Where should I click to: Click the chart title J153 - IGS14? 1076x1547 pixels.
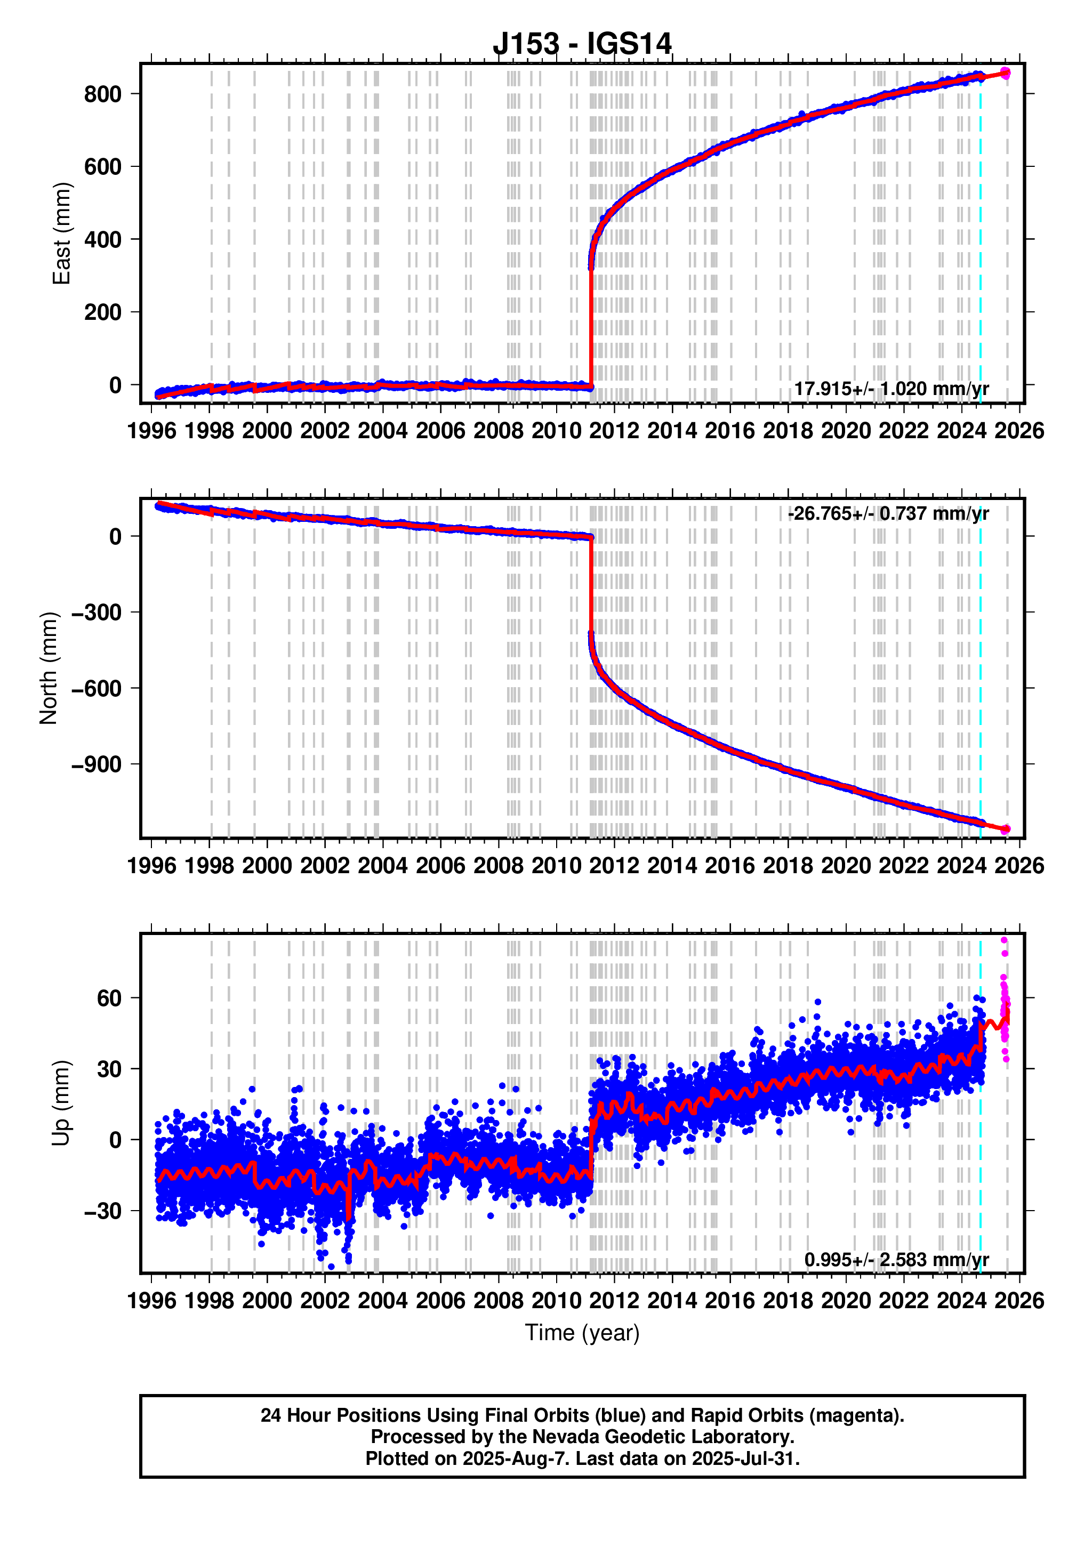click(582, 44)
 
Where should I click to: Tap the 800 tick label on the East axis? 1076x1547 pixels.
click(102, 94)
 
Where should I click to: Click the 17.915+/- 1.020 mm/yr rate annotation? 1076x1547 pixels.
click(891, 389)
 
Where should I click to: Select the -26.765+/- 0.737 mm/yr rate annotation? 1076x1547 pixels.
click(888, 513)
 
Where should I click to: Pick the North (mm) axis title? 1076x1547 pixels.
click(49, 668)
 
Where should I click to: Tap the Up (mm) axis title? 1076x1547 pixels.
click(62, 1103)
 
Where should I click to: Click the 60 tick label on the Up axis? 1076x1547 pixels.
click(109, 998)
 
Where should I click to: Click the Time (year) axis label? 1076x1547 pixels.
click(582, 1333)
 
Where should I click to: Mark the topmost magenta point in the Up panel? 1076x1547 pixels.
click(1004, 940)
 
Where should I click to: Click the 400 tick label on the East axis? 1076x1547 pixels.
click(102, 240)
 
